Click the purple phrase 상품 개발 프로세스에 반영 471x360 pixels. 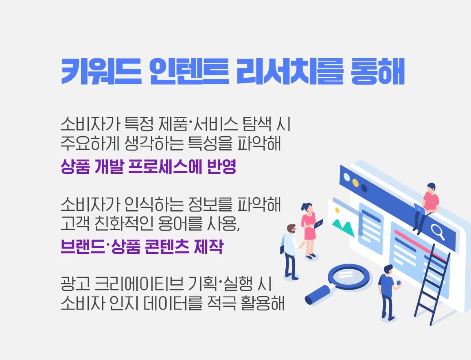(x=148, y=167)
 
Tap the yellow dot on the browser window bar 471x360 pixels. (x=355, y=182)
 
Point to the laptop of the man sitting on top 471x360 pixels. (x=420, y=209)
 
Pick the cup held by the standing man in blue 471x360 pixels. (x=399, y=282)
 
